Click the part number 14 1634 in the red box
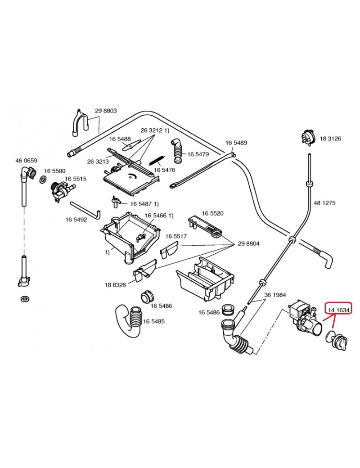tap(339, 309)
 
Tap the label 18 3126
tap(330, 139)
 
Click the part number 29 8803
tap(106, 111)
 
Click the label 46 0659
tap(26, 161)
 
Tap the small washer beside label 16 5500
tap(42, 180)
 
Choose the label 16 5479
tap(198, 154)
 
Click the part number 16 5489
tap(236, 143)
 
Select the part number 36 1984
tap(275, 295)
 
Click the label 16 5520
tap(212, 213)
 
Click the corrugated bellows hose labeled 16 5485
tap(135, 320)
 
